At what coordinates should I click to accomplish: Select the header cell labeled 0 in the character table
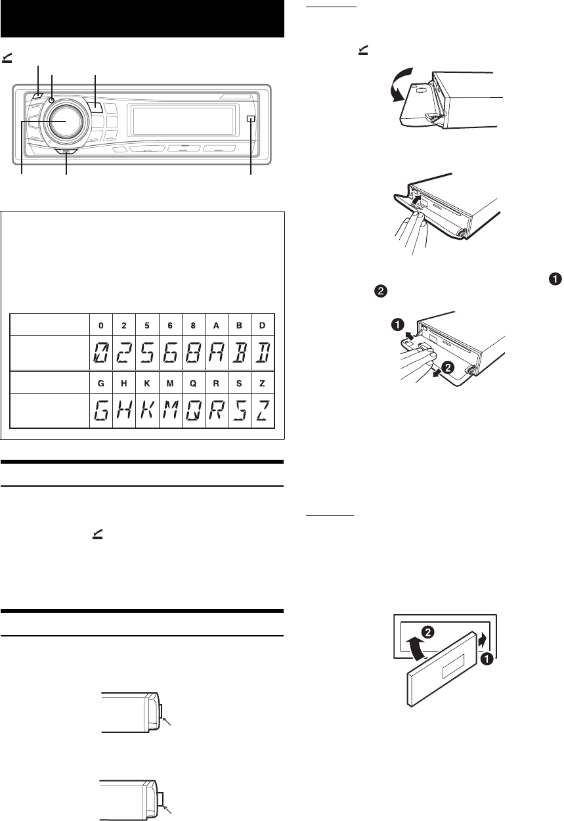(100, 324)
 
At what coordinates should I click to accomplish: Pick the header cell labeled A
(217, 324)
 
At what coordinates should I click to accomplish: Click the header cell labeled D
(262, 324)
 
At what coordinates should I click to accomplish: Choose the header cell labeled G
(100, 381)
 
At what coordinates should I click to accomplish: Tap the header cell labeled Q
(194, 381)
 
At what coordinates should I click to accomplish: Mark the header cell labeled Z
(262, 381)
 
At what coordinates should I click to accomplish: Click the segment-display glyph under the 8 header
(194, 352)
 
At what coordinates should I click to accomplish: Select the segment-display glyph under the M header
(171, 409)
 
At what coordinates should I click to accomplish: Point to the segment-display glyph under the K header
(148, 409)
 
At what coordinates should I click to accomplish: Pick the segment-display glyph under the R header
(217, 409)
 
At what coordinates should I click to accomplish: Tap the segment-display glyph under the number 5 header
(148, 352)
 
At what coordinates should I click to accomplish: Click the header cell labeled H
(124, 381)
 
